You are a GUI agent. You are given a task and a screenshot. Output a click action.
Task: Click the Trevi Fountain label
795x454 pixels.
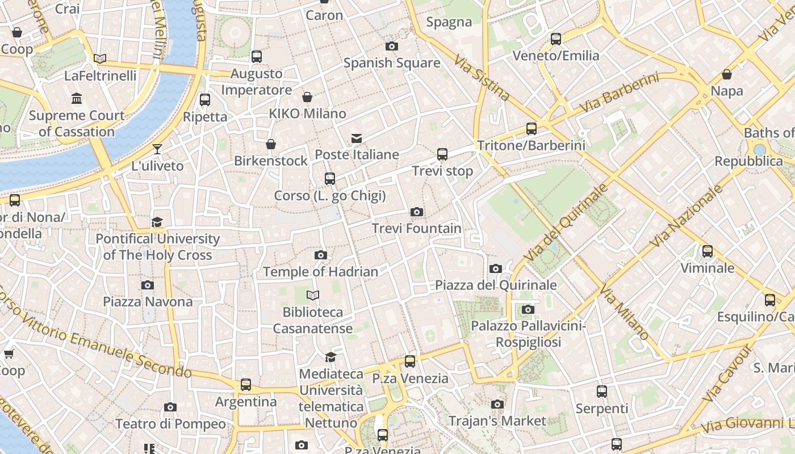pos(416,228)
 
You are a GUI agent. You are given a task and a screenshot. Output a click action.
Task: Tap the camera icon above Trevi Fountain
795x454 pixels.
pos(417,212)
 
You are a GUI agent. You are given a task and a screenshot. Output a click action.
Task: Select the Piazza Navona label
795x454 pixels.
pos(148,301)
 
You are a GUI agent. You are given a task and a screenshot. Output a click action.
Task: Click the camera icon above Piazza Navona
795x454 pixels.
pos(148,285)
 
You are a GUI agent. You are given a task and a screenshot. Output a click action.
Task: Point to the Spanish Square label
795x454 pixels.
pos(392,62)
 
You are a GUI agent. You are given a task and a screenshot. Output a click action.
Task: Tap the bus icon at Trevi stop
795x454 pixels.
pos(442,154)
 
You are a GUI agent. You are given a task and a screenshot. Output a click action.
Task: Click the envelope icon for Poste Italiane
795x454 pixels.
pos(357,138)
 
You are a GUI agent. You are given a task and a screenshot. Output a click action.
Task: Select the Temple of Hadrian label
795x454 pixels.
pos(320,272)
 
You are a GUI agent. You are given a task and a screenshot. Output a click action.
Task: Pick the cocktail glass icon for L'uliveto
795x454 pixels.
pos(157,149)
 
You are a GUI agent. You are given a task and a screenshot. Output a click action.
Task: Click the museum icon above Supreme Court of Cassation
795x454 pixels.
pos(77,99)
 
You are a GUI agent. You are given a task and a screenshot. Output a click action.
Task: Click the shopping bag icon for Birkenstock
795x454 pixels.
pos(271,144)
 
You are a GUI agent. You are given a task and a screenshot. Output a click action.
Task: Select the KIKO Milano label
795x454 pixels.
pos(307,113)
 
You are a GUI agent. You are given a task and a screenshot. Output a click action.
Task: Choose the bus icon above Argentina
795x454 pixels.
pos(246,385)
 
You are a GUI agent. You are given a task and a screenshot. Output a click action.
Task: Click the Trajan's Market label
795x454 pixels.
pos(497,421)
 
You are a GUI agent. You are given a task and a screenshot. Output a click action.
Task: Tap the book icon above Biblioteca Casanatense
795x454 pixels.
pos(313,295)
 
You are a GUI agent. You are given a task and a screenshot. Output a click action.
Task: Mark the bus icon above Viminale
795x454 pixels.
pos(708,251)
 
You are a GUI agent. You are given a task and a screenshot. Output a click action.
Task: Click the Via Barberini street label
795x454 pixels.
pos(619,93)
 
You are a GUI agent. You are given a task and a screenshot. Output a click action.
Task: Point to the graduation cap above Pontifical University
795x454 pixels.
pos(157,222)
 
